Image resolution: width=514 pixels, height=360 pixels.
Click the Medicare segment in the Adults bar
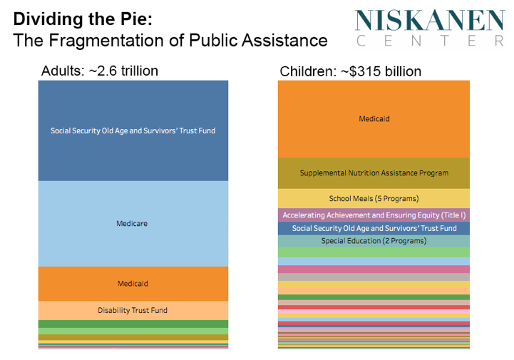click(133, 242)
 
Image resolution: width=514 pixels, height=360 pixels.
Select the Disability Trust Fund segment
click(133, 317)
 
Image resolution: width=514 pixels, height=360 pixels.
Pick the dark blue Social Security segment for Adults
click(133, 153)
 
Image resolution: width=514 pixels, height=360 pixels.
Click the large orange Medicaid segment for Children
click(374, 135)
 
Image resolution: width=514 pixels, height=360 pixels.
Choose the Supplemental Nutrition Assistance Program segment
click(374, 173)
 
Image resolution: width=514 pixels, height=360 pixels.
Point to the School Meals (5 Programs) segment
click(374, 198)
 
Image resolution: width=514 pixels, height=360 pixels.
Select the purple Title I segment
click(374, 215)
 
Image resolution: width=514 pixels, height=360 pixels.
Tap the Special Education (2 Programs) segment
click(374, 241)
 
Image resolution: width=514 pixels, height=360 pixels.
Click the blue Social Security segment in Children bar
click(374, 228)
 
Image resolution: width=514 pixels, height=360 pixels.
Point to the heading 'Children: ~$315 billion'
click(350, 71)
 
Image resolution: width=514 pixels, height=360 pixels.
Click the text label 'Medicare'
click(133, 224)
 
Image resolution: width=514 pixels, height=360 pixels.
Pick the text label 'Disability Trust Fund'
click(133, 311)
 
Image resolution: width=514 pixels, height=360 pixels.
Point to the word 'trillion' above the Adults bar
click(135, 71)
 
